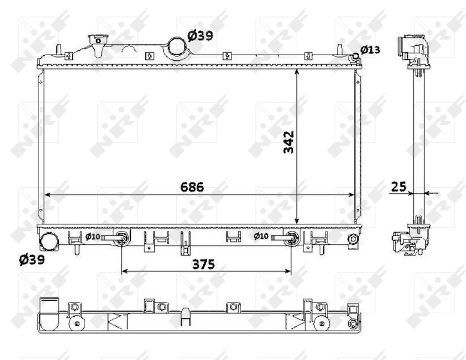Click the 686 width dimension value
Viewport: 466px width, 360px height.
(x=193, y=187)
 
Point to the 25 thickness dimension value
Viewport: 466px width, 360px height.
(x=398, y=187)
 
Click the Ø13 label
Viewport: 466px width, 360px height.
(x=370, y=50)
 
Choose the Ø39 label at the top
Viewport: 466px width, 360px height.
(x=200, y=36)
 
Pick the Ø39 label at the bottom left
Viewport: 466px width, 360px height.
(x=31, y=259)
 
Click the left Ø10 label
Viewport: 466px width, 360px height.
(x=92, y=236)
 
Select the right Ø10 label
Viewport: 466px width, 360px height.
(x=260, y=236)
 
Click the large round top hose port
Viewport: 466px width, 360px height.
(x=177, y=46)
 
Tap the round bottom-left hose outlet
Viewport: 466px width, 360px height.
(x=48, y=241)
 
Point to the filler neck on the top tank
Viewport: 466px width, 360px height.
(x=95, y=43)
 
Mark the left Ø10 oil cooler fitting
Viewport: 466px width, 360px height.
(x=122, y=238)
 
